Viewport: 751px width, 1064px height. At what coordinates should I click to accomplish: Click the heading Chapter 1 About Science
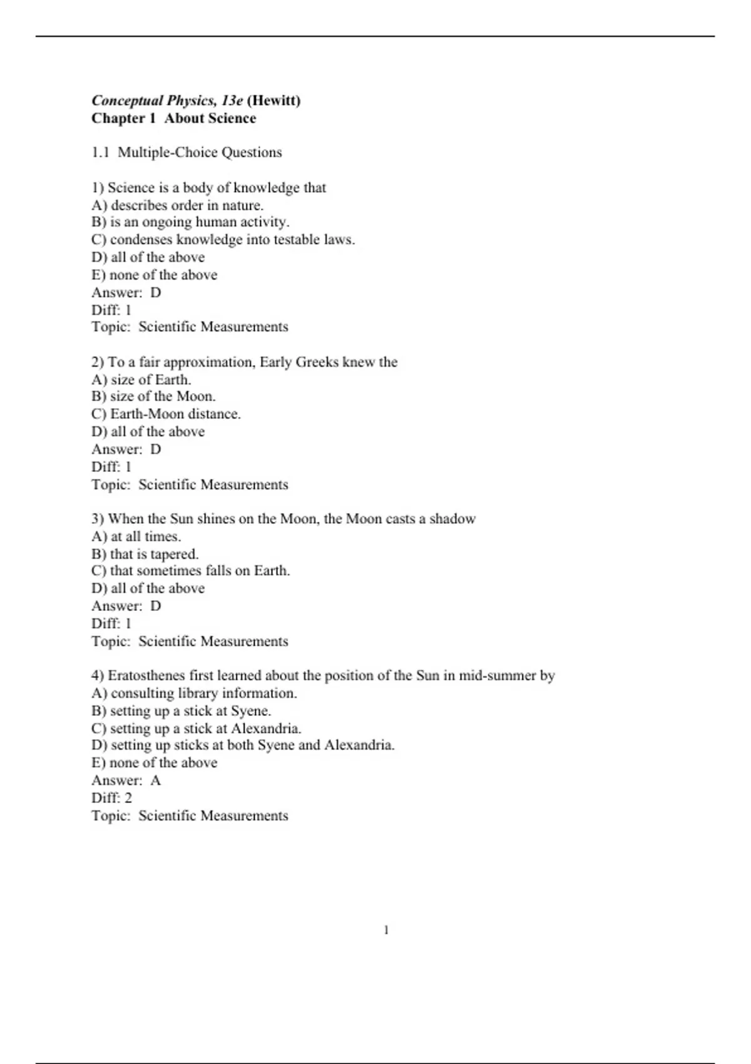(x=173, y=118)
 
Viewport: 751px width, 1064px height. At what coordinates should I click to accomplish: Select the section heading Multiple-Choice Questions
(x=200, y=153)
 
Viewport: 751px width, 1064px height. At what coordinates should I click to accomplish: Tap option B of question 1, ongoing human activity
(x=190, y=222)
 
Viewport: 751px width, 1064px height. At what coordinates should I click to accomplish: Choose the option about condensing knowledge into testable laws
(x=223, y=240)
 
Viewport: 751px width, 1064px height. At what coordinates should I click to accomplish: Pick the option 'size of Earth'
(x=141, y=380)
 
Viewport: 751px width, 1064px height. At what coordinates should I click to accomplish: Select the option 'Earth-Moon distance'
(x=166, y=414)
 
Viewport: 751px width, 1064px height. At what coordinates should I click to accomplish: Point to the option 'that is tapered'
(x=145, y=554)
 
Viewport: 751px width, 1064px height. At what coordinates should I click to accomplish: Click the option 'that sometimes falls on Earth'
(x=191, y=571)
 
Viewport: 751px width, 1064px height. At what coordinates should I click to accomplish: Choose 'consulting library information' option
(x=194, y=693)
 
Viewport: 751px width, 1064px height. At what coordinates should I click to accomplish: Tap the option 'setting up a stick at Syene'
(x=181, y=711)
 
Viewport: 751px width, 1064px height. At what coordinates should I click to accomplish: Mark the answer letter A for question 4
(x=156, y=780)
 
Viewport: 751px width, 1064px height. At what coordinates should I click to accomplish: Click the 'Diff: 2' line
(x=112, y=798)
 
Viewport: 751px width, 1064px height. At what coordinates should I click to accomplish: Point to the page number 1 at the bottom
(x=386, y=931)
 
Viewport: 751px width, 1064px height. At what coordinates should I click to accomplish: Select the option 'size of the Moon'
(x=153, y=397)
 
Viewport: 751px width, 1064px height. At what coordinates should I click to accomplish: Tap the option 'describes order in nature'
(x=178, y=205)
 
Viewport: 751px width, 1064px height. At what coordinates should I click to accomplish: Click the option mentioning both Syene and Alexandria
(x=243, y=745)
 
